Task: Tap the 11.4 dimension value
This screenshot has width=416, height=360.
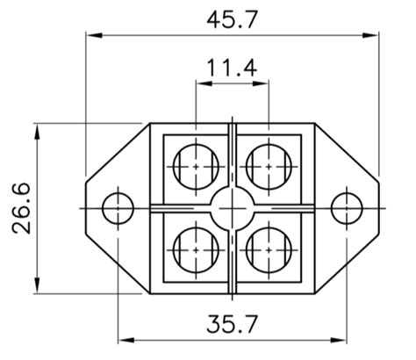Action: [x=232, y=68]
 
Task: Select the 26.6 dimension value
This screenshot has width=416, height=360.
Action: [x=22, y=208]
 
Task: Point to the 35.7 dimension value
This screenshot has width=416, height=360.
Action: [x=232, y=324]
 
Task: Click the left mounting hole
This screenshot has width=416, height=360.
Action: [x=118, y=208]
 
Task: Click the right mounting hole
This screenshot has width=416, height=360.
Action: [x=347, y=208]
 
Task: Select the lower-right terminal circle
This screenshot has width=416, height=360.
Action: [x=267, y=248]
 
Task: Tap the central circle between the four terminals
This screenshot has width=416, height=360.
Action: [x=232, y=208]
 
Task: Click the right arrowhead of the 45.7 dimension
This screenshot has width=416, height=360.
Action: [x=371, y=35]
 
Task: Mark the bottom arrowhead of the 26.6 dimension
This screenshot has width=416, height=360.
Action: [x=37, y=286]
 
